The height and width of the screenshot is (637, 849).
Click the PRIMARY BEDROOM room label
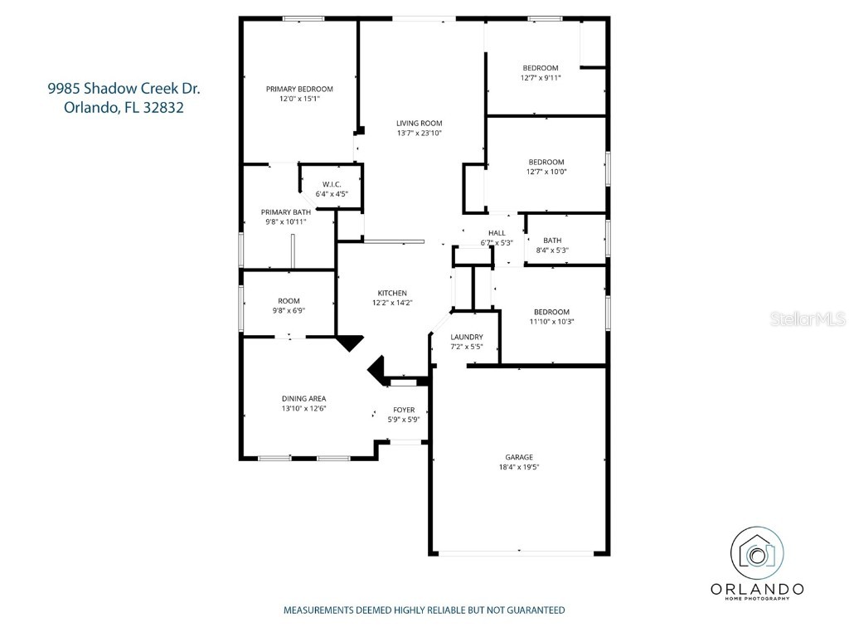[x=299, y=89]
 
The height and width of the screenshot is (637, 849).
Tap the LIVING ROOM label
[x=419, y=123]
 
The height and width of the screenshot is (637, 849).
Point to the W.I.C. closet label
[x=332, y=184]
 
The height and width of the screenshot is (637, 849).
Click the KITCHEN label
[x=392, y=293]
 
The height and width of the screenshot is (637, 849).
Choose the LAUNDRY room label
[x=467, y=337]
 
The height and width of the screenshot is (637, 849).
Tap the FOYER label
[x=404, y=410]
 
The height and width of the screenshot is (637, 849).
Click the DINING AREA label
[x=303, y=398]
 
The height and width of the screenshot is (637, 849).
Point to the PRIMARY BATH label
[x=286, y=212]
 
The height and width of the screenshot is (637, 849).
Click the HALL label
[x=497, y=233]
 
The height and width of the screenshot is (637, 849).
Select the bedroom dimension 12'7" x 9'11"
[x=541, y=78]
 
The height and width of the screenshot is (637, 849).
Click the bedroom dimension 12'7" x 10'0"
[x=546, y=173]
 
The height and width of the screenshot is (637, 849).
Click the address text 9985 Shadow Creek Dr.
[x=124, y=89]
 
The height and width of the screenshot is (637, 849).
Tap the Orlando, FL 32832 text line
[x=124, y=107]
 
